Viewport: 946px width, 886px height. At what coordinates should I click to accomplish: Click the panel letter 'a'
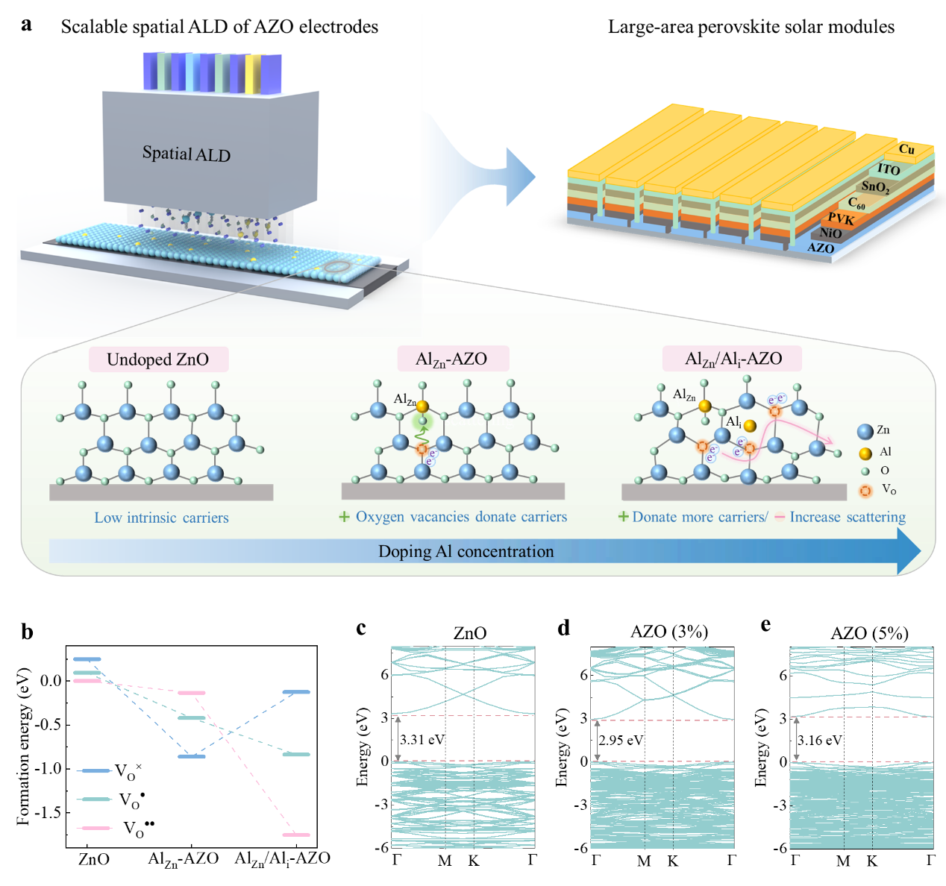(27, 25)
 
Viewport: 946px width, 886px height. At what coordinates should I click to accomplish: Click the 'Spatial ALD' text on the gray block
(187, 154)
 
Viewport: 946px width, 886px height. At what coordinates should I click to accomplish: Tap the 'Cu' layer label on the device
(906, 149)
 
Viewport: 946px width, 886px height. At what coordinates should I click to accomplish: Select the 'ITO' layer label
(888, 169)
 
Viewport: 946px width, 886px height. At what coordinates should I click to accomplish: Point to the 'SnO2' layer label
(875, 186)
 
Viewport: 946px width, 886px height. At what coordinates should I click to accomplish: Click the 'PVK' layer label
(841, 219)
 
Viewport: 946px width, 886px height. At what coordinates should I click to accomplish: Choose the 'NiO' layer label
(830, 233)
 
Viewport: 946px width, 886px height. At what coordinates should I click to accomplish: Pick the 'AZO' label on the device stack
(821, 248)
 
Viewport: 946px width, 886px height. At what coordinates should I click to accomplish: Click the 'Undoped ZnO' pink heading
(157, 359)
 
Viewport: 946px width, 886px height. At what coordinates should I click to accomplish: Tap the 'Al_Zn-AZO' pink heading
(451, 359)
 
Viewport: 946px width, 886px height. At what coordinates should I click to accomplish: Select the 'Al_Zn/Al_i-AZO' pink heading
(733, 359)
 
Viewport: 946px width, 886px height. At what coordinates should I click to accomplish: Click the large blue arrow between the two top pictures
(515, 177)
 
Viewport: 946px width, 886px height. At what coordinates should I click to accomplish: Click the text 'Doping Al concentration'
(466, 552)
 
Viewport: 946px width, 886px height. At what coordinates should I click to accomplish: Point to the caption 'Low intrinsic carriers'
(161, 518)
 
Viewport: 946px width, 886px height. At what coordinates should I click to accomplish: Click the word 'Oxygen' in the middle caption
(380, 517)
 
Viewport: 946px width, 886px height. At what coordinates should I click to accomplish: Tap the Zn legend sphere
(865, 431)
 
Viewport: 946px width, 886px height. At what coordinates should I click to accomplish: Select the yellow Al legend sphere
(865, 453)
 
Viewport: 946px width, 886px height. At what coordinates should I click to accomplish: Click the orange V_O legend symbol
(865, 491)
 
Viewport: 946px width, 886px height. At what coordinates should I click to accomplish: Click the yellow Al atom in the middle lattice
(422, 406)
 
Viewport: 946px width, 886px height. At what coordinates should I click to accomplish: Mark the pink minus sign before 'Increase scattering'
(779, 517)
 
